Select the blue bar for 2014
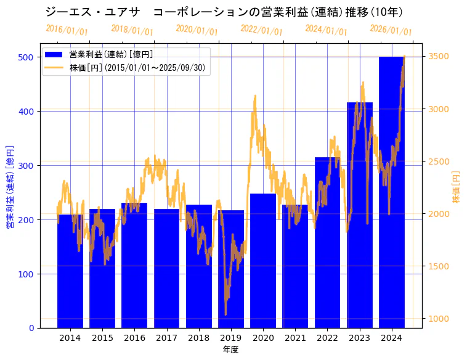tap(70, 271)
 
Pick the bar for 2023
tap(359, 215)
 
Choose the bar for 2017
tap(166, 268)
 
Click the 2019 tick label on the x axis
tap(231, 337)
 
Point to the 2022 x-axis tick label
tap(327, 337)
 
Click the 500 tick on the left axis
tap(26, 57)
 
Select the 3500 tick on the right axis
tap(438, 57)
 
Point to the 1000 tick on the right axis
tap(438, 319)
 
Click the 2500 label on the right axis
tap(438, 162)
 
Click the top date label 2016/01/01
tap(67, 30)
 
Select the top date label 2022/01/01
tap(261, 30)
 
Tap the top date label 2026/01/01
tap(391, 30)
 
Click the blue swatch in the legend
tap(54, 54)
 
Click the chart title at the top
tap(224, 12)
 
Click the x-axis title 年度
tap(230, 350)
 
